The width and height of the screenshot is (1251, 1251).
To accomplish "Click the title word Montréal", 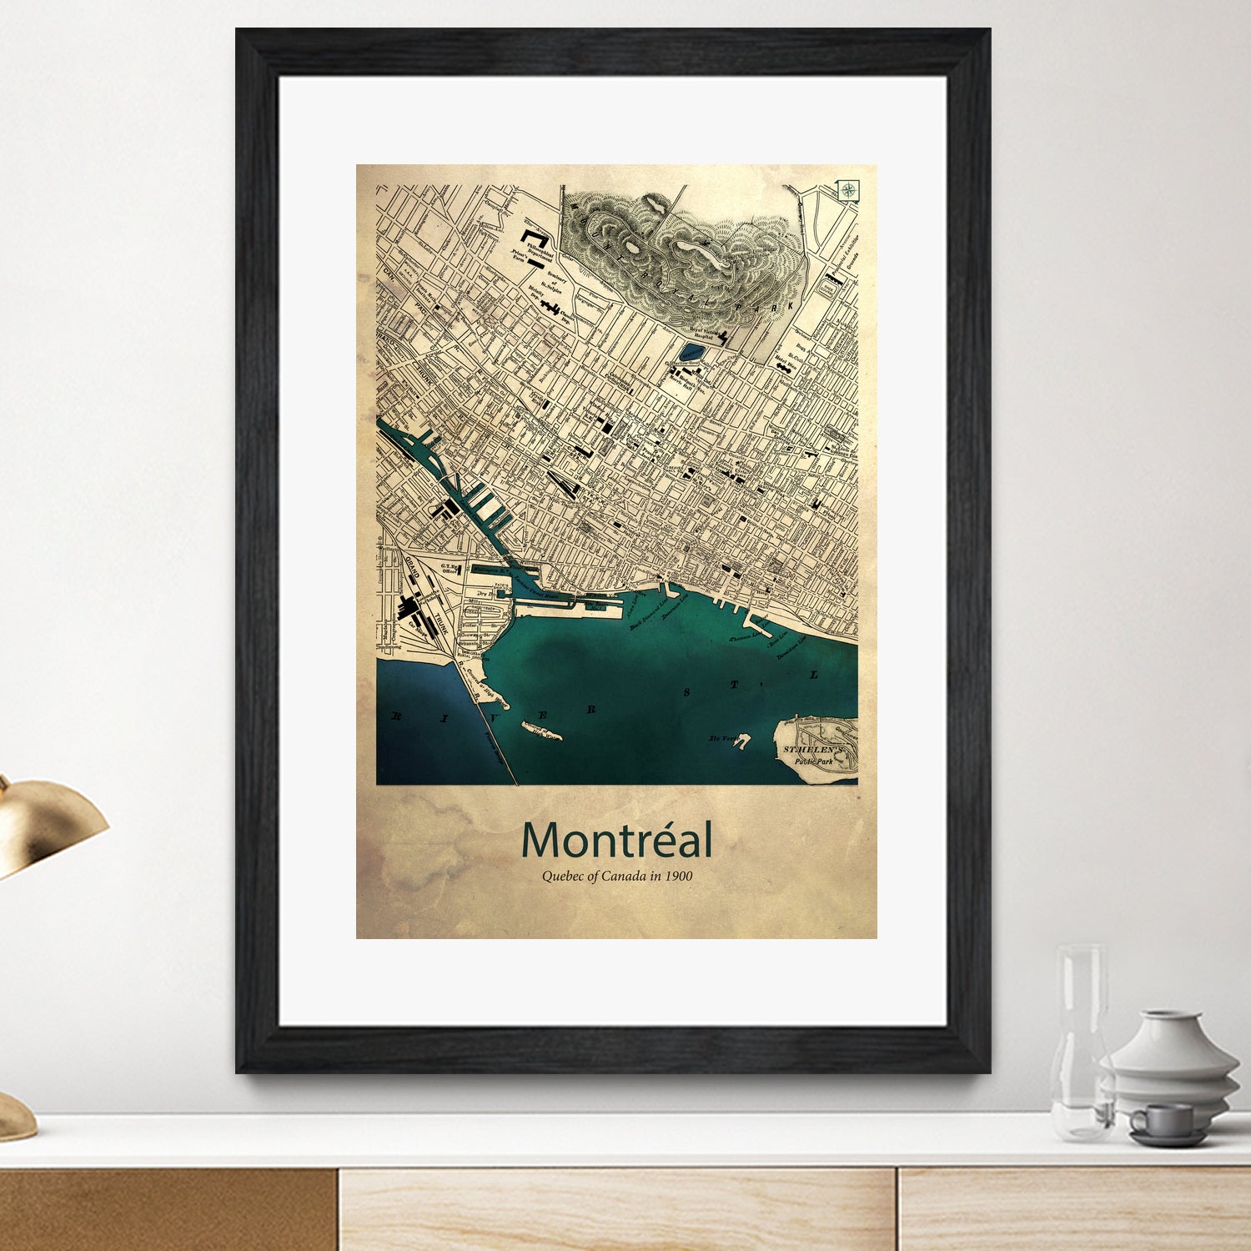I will click(617, 841).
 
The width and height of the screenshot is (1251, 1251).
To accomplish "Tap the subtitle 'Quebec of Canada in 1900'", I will click(617, 877).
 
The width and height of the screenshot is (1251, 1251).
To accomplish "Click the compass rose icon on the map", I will click(849, 190).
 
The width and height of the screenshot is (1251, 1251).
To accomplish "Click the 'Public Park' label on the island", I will click(813, 761).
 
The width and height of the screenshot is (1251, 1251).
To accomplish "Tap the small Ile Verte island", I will click(741, 740).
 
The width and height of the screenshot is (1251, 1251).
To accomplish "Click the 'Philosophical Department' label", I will click(539, 253).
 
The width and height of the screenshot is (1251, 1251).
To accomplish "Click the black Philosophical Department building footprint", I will click(534, 236).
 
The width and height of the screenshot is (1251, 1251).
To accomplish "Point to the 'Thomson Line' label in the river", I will click(745, 636).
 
